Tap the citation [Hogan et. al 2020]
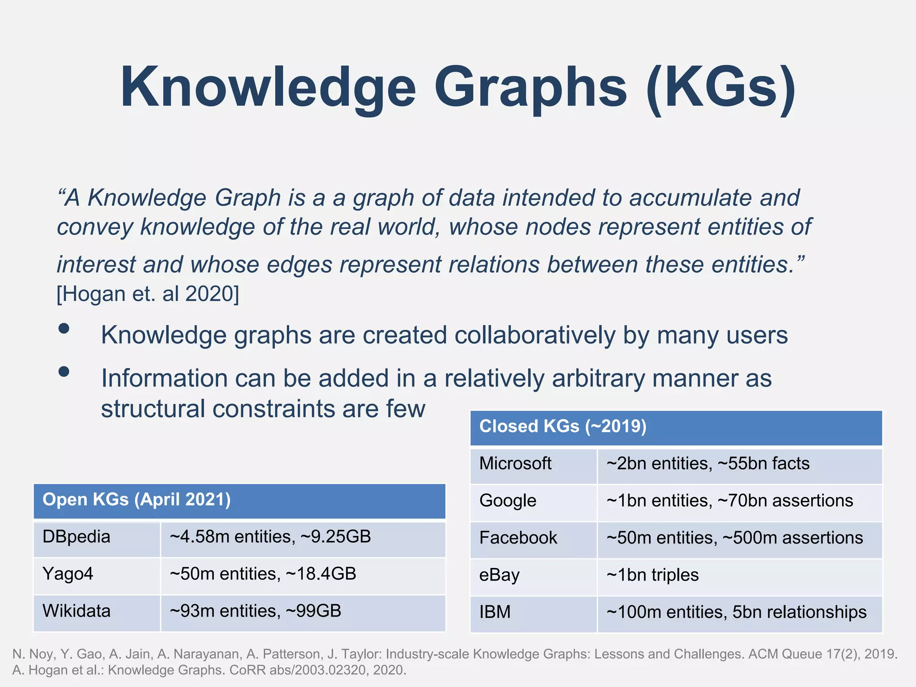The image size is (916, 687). (x=148, y=294)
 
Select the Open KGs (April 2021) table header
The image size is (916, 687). (x=136, y=500)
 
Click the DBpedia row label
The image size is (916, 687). (x=76, y=537)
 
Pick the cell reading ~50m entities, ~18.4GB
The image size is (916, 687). (x=263, y=574)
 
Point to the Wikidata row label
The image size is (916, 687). (x=76, y=611)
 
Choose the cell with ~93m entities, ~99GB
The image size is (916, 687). (x=255, y=611)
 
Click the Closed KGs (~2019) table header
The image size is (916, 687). (x=563, y=426)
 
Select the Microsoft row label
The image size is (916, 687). (x=515, y=463)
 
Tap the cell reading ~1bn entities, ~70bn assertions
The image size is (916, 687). (x=729, y=500)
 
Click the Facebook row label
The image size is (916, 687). (x=518, y=538)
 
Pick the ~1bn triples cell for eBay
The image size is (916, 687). (x=652, y=575)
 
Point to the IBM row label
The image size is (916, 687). (x=495, y=612)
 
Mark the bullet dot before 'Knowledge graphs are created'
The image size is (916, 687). (x=64, y=329)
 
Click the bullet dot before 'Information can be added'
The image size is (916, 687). (x=64, y=372)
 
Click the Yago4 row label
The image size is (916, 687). (x=68, y=574)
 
